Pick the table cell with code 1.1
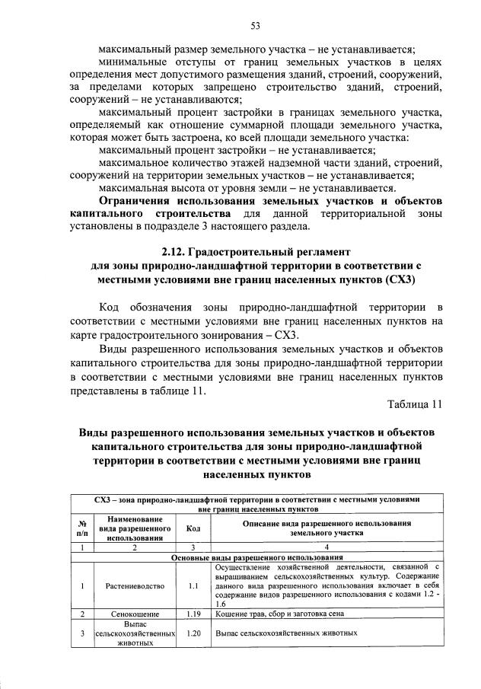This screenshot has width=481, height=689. tap(193, 587)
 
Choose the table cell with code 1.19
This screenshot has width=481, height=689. tap(193, 613)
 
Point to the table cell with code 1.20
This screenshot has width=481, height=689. tap(193, 633)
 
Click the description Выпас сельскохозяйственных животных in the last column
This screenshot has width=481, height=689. tap(286, 633)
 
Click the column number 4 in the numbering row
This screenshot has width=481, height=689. tap(327, 547)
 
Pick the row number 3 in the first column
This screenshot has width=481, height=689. tap(81, 633)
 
